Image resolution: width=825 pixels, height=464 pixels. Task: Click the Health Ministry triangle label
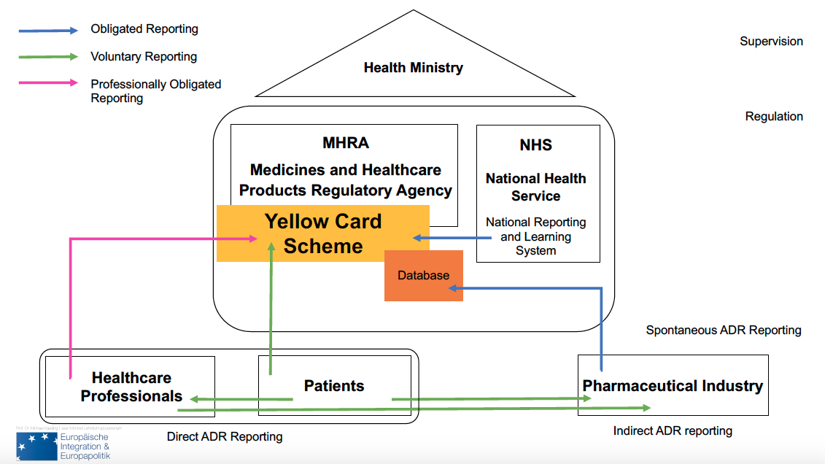tap(413, 68)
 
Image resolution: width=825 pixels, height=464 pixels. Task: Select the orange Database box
tap(423, 275)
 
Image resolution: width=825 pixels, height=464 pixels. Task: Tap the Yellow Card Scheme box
tap(322, 233)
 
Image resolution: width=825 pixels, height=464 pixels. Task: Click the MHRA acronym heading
tap(345, 142)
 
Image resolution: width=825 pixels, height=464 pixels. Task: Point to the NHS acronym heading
tap(535, 145)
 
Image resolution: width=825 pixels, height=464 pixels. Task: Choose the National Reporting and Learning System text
tap(535, 236)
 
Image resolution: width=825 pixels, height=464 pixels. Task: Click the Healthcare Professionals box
tap(131, 387)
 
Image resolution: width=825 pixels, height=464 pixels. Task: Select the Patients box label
tap(333, 386)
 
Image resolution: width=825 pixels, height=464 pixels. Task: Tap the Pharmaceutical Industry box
tap(672, 386)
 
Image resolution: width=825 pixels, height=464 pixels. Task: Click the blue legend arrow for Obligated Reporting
tap(48, 30)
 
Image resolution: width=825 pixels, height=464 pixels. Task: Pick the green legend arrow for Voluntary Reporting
tap(48, 56)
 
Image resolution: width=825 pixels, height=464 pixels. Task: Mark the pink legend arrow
tap(48, 83)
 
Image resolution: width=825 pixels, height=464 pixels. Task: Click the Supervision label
tap(771, 42)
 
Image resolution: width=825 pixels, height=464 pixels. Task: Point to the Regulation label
tap(774, 116)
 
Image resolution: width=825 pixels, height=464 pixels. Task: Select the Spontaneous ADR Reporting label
tap(723, 330)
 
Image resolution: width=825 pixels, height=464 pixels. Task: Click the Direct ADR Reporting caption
tap(224, 437)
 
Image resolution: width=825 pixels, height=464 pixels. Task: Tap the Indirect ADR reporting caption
tap(672, 430)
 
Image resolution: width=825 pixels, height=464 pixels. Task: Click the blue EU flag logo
tap(36, 446)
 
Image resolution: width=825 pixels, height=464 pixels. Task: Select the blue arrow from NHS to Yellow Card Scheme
tap(444, 237)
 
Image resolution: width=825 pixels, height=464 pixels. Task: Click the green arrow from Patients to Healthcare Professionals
tap(241, 399)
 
